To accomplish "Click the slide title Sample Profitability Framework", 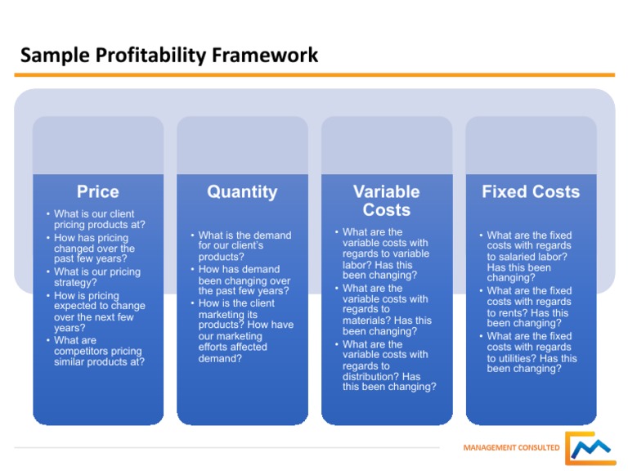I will click(x=169, y=56).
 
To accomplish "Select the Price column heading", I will click(x=97, y=192).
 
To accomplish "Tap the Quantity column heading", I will click(x=242, y=192).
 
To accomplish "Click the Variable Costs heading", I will click(x=386, y=201).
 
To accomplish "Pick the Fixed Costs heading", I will click(x=530, y=192).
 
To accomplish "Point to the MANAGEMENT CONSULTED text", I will click(x=511, y=448).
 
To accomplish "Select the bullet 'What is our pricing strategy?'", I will click(x=96, y=277).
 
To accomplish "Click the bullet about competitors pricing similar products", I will click(x=98, y=351).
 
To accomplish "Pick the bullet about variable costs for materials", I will click(x=386, y=310).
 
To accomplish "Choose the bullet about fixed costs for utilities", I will click(x=532, y=352).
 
